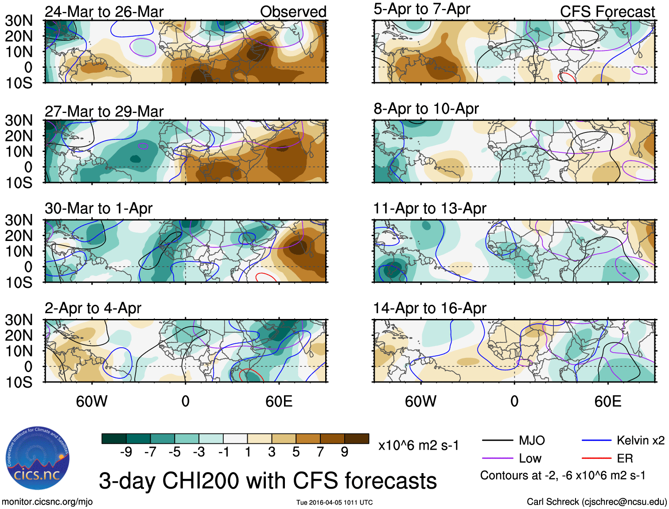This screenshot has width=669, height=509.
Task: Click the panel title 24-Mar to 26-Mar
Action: click(x=104, y=12)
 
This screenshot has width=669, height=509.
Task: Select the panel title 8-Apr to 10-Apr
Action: click(x=426, y=109)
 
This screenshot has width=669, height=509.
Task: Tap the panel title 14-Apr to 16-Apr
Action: click(x=429, y=308)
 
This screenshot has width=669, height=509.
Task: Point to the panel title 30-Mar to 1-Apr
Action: click(x=98, y=208)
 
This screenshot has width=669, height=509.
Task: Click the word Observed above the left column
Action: click(x=293, y=12)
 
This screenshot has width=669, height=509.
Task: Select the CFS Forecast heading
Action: click(x=607, y=12)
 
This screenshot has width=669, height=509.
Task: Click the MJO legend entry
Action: click(x=532, y=440)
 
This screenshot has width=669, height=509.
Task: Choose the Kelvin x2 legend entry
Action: click(x=640, y=440)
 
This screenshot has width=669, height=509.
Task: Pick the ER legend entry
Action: click(x=625, y=458)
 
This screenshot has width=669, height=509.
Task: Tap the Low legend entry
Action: click(x=530, y=458)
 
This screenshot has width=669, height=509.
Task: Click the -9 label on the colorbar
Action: click(x=126, y=452)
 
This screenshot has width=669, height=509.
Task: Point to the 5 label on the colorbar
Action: click(x=296, y=452)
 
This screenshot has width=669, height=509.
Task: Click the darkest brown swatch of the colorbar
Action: click(x=357, y=439)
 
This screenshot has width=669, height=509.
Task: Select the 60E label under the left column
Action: click(x=279, y=401)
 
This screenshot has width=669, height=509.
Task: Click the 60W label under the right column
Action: click(x=420, y=401)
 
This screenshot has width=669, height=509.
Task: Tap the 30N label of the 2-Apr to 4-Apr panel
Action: click(x=19, y=320)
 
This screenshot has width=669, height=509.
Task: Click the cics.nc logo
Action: click(x=37, y=458)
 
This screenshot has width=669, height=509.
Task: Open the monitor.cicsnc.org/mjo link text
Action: click(x=47, y=502)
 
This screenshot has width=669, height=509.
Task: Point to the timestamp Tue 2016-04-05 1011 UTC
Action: click(x=334, y=502)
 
